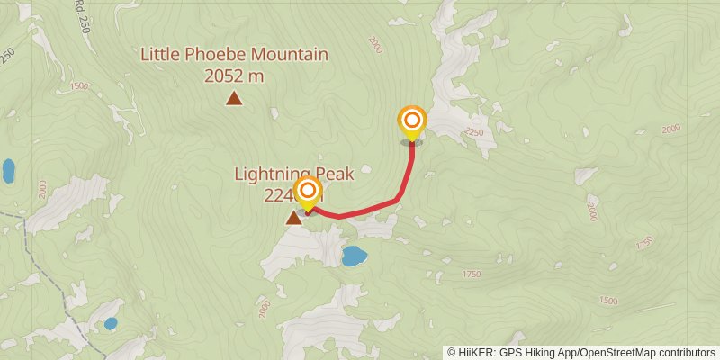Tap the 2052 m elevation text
tap(234, 76)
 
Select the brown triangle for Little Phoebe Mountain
tap(234, 98)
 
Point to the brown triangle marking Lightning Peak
tap(293, 217)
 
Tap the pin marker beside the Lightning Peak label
tap(309, 192)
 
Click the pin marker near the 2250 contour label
tap(412, 121)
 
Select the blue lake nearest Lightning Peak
tap(354, 256)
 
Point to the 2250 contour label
tap(475, 133)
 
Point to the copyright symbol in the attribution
tap(452, 353)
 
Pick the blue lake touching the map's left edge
tap(8, 170)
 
